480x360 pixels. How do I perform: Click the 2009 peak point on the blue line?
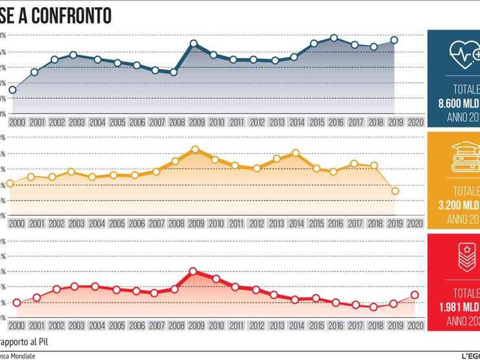pos(194,44)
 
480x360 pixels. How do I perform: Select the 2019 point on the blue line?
pos(394,40)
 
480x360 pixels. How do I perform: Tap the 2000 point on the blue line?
pos(13,90)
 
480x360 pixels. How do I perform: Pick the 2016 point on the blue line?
pos(334,38)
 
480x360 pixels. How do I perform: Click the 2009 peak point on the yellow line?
pos(195,150)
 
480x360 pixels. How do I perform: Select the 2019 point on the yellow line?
pos(395,191)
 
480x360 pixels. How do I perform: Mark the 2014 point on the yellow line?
pos(295,153)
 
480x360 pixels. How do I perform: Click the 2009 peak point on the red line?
pos(193,271)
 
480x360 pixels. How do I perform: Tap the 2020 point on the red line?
pos(414,295)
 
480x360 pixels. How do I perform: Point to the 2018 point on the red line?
pos(374,307)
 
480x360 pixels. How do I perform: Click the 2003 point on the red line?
pos(74,286)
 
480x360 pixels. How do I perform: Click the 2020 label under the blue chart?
pos(415,122)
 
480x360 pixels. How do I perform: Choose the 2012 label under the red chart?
pos(256,327)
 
